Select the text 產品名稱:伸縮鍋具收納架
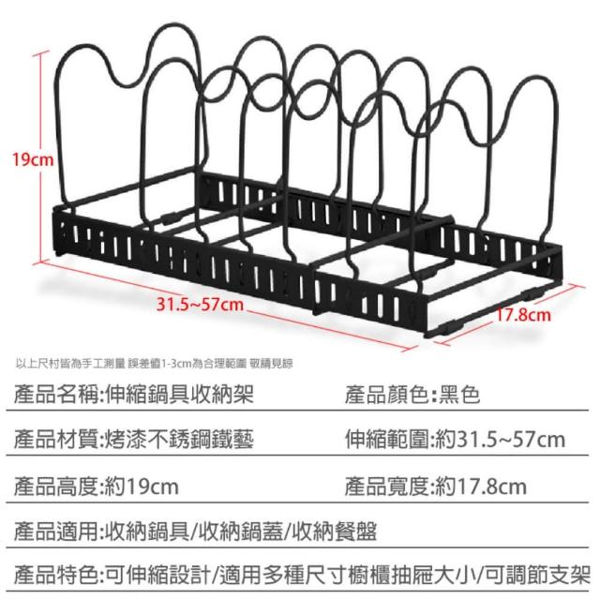130,394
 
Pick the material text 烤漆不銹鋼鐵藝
177,439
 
